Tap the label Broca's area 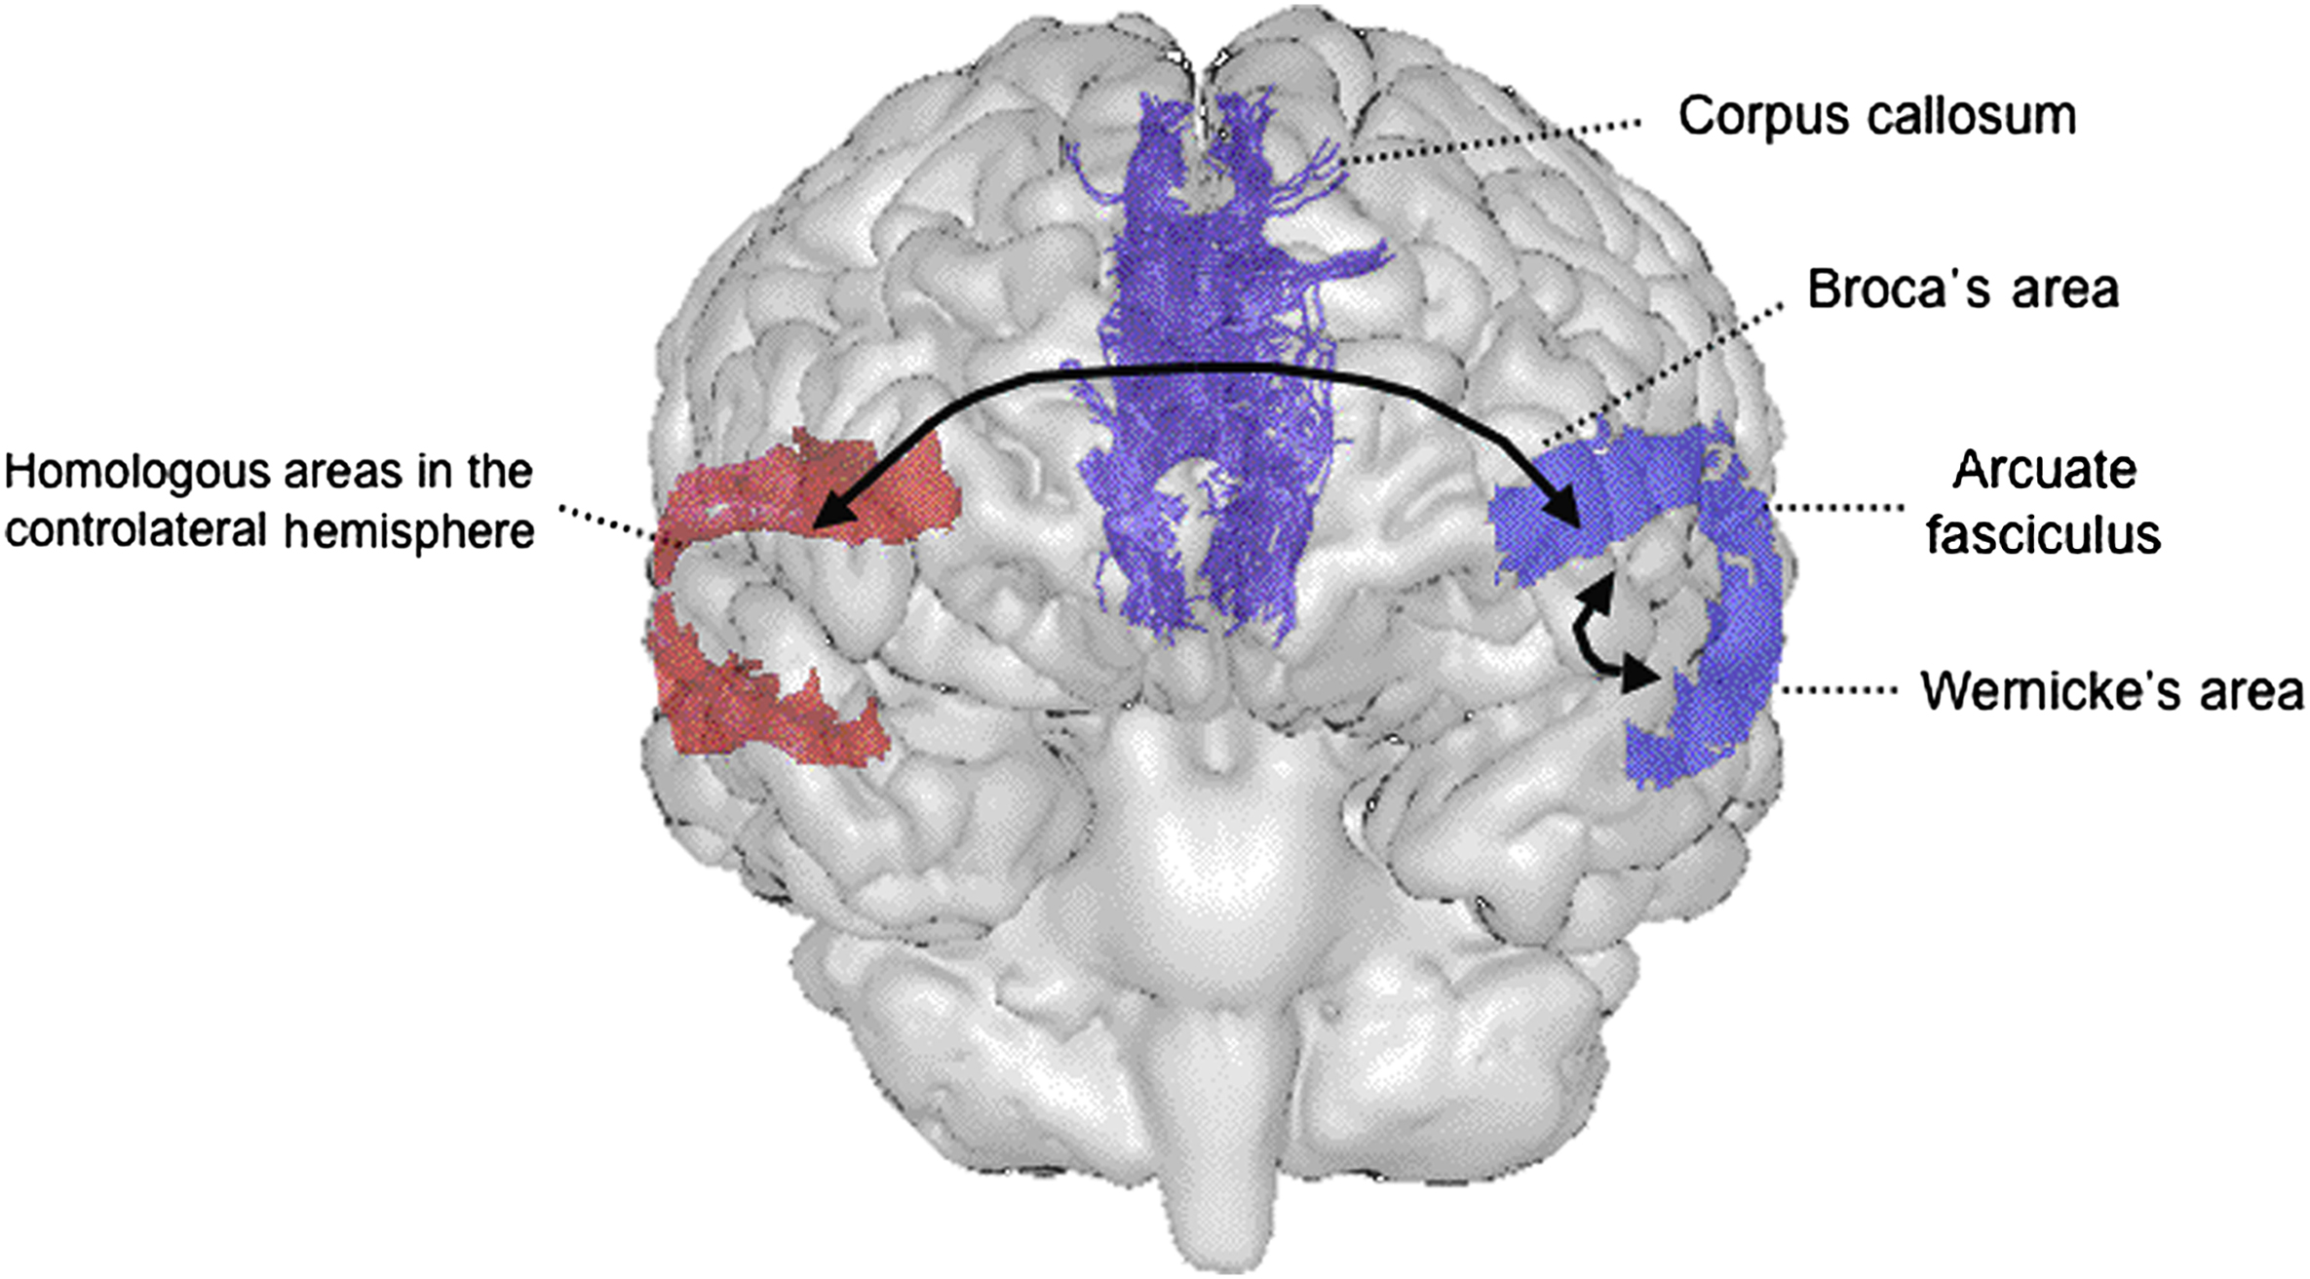[1963, 291]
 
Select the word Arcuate [2044, 472]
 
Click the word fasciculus [2044, 535]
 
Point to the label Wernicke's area [2111, 691]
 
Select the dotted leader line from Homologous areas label [609, 521]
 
